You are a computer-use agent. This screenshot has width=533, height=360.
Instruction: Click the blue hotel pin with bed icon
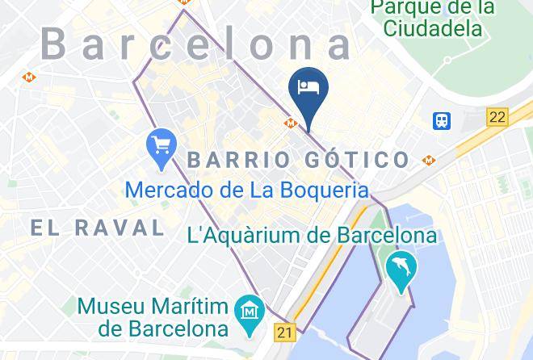(308, 90)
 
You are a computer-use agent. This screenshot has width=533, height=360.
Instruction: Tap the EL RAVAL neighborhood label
(98, 228)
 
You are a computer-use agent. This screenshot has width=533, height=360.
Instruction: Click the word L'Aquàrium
(237, 236)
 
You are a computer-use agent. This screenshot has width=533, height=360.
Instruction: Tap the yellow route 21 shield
(284, 331)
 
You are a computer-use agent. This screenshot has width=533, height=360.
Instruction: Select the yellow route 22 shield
(497, 117)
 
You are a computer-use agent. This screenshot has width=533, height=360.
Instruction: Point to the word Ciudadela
(433, 28)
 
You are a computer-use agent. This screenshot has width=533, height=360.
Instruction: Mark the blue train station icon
(442, 121)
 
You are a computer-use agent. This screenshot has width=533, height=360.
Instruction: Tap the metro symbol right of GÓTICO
(428, 160)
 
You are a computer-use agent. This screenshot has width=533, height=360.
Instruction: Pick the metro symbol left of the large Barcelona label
(29, 77)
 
